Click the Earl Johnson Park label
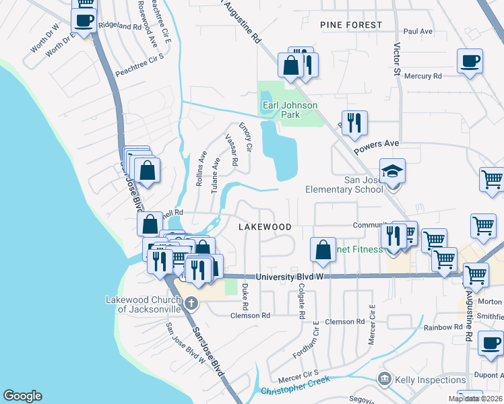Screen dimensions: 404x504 (289, 110)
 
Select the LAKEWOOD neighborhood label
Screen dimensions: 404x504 (265, 227)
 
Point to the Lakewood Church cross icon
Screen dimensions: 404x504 (191, 302)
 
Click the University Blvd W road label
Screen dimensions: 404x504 (290, 277)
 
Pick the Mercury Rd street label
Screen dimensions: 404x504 (423, 76)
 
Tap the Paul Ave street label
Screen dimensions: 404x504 (417, 32)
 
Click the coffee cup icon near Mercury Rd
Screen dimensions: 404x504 (470, 61)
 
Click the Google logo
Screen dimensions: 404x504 (22, 396)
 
